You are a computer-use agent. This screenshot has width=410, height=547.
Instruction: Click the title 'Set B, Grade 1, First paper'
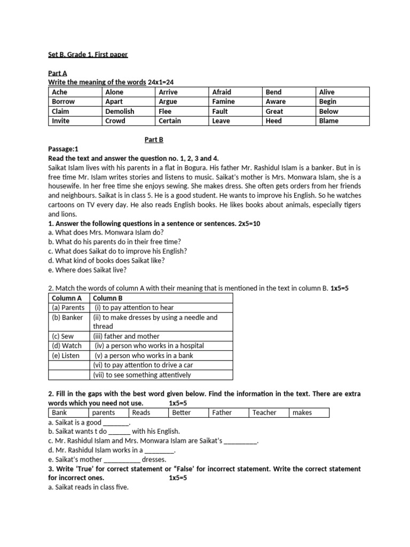click(88, 54)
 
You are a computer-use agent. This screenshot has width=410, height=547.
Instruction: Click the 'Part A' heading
click(58, 73)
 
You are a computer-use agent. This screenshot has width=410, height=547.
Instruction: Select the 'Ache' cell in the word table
click(60, 92)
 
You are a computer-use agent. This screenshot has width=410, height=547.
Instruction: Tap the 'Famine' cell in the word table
click(224, 101)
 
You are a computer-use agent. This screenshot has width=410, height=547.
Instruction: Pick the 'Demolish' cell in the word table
click(120, 111)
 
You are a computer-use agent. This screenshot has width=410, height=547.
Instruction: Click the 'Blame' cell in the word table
click(329, 121)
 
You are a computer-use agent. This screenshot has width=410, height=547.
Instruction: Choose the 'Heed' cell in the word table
click(273, 121)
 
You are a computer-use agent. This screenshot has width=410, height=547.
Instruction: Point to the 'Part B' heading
click(154, 139)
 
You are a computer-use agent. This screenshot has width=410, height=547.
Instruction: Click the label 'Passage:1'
click(63, 149)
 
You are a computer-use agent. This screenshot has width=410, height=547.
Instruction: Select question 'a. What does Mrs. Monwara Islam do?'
click(106, 232)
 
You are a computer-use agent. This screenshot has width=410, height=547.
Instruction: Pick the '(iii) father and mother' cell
click(127, 336)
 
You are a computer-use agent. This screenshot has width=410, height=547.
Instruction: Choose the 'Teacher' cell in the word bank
click(264, 412)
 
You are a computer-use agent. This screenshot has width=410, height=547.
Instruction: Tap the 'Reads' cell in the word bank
click(141, 412)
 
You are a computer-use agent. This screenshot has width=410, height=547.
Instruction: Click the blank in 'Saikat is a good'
click(116, 422)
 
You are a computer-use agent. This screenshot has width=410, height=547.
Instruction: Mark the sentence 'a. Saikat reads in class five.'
click(88, 487)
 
